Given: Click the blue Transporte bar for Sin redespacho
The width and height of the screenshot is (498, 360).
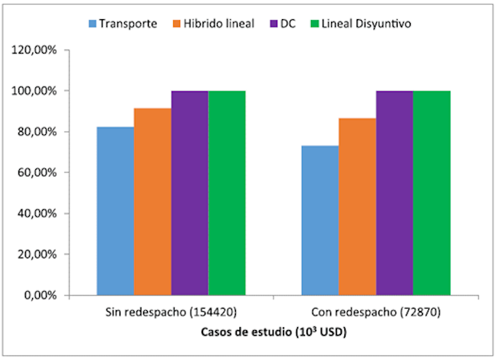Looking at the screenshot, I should pyautogui.click(x=115, y=211).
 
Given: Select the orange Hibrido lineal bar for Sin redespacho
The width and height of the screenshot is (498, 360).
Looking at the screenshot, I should pyautogui.click(x=152, y=201).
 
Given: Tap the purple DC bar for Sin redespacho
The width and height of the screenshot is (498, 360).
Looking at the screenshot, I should pyautogui.click(x=189, y=193).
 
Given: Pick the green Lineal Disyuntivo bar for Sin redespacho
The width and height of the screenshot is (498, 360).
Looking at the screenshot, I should pyautogui.click(x=227, y=193).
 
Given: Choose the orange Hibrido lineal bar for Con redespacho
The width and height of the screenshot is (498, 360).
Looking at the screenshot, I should pyautogui.click(x=357, y=207).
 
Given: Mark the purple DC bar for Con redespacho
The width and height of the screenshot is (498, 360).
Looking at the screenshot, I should pyautogui.click(x=395, y=193).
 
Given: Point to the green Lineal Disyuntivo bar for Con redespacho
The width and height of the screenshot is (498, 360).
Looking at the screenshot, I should pyautogui.click(x=431, y=193).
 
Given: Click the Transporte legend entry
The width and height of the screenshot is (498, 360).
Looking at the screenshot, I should pyautogui.click(x=123, y=23).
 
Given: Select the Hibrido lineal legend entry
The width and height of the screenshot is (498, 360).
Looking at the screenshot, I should pyautogui.click(x=218, y=23).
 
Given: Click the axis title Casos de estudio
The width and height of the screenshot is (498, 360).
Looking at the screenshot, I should pyautogui.click(x=273, y=332).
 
